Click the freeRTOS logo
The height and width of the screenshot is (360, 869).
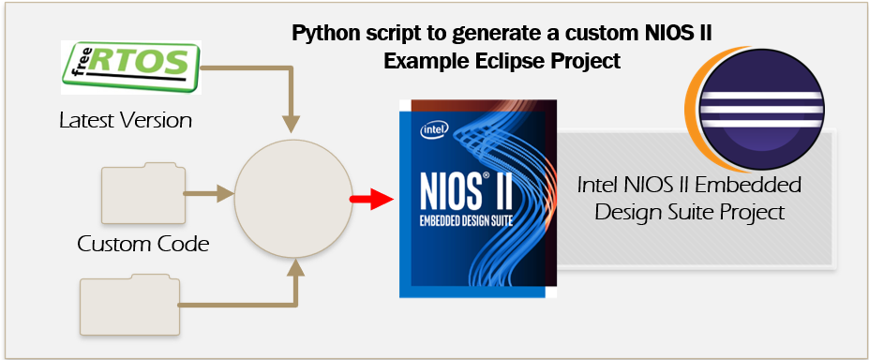tap(131, 67)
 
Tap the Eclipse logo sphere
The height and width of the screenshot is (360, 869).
tap(761, 109)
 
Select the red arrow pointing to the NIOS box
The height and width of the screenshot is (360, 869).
tap(371, 198)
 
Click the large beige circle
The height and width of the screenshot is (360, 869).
tap(293, 199)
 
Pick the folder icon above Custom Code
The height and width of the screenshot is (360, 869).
tap(143, 193)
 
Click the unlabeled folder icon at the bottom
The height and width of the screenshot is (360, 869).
tap(130, 305)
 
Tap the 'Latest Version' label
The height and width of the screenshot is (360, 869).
tap(126, 120)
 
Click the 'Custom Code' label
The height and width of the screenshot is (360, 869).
tap(143, 244)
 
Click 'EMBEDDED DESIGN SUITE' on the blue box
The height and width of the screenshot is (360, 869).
tap(466, 221)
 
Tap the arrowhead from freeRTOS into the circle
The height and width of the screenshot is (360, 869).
tap(291, 124)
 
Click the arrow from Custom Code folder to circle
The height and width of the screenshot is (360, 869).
tap(209, 193)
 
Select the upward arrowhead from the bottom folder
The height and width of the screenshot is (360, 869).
tap(296, 267)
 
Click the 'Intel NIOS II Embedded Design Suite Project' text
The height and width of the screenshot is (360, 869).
tap(689, 198)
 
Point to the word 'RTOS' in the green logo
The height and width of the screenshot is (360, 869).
tap(139, 61)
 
